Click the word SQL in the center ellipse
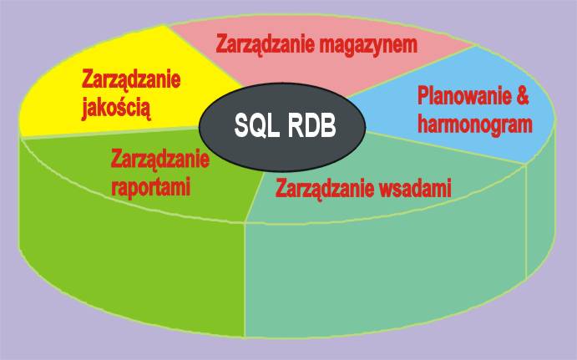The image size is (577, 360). (x=256, y=126)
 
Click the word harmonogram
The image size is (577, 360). (x=475, y=124)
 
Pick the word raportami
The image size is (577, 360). (x=151, y=187)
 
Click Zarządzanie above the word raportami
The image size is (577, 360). (x=160, y=160)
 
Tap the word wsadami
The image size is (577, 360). (x=417, y=188)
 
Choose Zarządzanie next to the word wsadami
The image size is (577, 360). (x=326, y=190)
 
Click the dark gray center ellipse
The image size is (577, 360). (x=282, y=127)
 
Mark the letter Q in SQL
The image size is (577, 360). (x=256, y=126)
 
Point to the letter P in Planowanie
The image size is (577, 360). (x=423, y=95)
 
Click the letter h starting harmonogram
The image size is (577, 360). (x=423, y=124)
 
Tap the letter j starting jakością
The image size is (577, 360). (x=85, y=109)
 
